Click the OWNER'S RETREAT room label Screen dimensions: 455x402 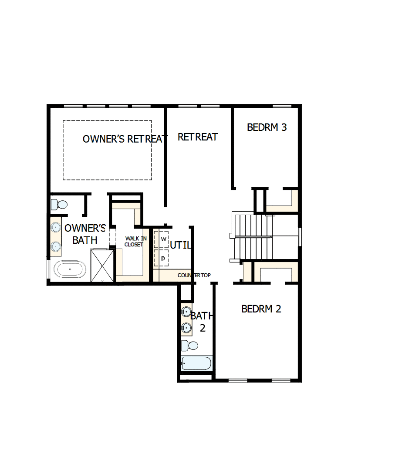125,139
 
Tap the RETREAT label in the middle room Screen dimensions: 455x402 198,137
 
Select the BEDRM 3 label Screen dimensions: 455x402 267,127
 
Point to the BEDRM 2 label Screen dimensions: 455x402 261,309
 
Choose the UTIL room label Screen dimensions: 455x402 180,245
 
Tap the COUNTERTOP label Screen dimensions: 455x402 194,276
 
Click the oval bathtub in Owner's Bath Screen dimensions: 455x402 70,269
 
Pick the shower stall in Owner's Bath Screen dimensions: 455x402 102,265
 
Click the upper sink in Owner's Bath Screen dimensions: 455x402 56,227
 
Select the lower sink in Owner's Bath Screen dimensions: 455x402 56,246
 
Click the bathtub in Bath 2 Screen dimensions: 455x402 196,363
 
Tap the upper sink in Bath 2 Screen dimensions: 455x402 187,311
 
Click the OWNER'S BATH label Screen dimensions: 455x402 85,234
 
